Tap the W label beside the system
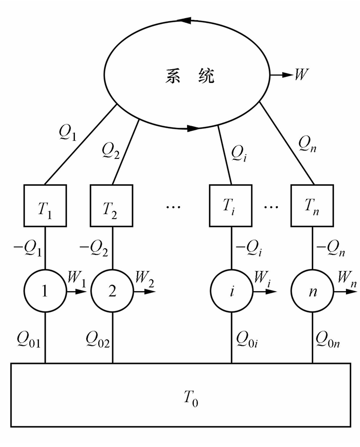(x=301, y=75)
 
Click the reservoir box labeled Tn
(x=312, y=205)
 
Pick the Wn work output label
(x=343, y=277)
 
